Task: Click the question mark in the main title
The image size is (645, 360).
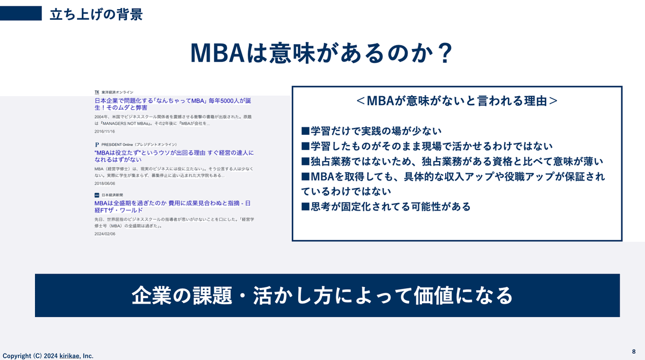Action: click(442, 54)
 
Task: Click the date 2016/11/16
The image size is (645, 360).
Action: click(104, 132)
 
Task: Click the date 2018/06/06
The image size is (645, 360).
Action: click(104, 183)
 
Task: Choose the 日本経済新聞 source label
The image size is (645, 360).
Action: click(111, 195)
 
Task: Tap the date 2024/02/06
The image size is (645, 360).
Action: click(104, 234)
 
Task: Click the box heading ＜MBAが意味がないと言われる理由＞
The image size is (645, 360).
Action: click(456, 101)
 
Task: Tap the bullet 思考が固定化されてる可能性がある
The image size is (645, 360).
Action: click(385, 206)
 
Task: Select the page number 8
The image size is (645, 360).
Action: click(634, 351)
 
